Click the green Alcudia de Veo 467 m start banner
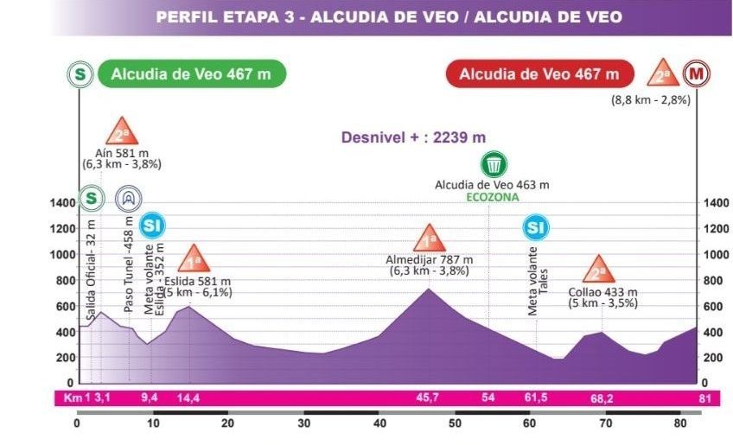click(x=190, y=74)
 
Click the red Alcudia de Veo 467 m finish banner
click(x=539, y=74)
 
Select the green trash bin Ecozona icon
click(x=494, y=164)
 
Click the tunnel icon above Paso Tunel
click(x=128, y=199)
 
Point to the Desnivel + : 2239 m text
click(x=414, y=137)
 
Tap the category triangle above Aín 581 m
click(x=121, y=131)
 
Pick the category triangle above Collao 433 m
click(x=597, y=270)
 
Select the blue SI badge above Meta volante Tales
click(x=536, y=227)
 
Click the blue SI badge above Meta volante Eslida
click(x=153, y=226)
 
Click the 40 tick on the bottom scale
click(x=379, y=423)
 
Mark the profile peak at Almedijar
click(x=428, y=289)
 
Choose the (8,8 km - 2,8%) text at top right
click(x=651, y=100)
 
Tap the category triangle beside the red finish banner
click(x=660, y=73)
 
